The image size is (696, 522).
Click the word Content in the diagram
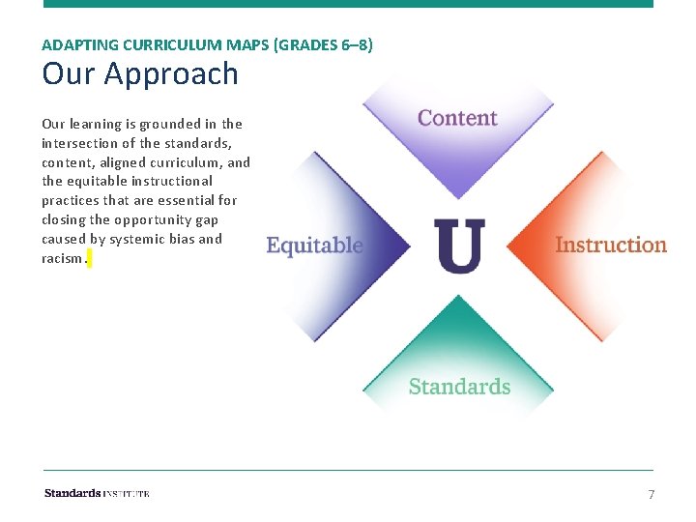[457, 119]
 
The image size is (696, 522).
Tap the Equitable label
[314, 246]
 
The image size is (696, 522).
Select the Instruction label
[611, 245]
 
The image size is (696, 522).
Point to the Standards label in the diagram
[459, 387]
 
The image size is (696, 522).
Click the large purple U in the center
[459, 245]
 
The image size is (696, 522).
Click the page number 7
[651, 494]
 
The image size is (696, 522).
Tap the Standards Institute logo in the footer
[97, 493]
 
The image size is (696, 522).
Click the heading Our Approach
[140, 73]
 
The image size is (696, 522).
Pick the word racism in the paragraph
[62, 258]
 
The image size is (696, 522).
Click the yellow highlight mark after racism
[89, 259]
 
